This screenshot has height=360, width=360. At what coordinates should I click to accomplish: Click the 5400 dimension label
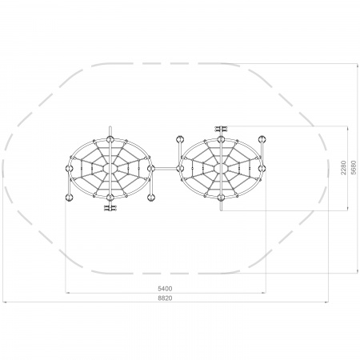click(x=165, y=289)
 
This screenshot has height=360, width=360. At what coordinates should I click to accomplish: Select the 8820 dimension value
click(x=165, y=298)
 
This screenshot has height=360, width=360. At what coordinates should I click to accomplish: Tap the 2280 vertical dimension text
click(x=343, y=168)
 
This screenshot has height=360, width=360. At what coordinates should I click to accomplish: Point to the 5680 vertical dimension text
click(x=354, y=168)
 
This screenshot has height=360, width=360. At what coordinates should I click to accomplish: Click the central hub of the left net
click(x=110, y=168)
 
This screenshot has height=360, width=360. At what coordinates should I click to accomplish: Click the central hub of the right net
click(x=221, y=168)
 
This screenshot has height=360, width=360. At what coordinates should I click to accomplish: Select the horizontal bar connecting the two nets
click(x=166, y=168)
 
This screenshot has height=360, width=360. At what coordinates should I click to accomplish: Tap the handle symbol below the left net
click(x=110, y=208)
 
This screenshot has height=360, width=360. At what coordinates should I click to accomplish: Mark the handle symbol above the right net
click(x=221, y=129)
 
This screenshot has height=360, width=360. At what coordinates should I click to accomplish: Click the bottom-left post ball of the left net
click(x=69, y=198)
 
